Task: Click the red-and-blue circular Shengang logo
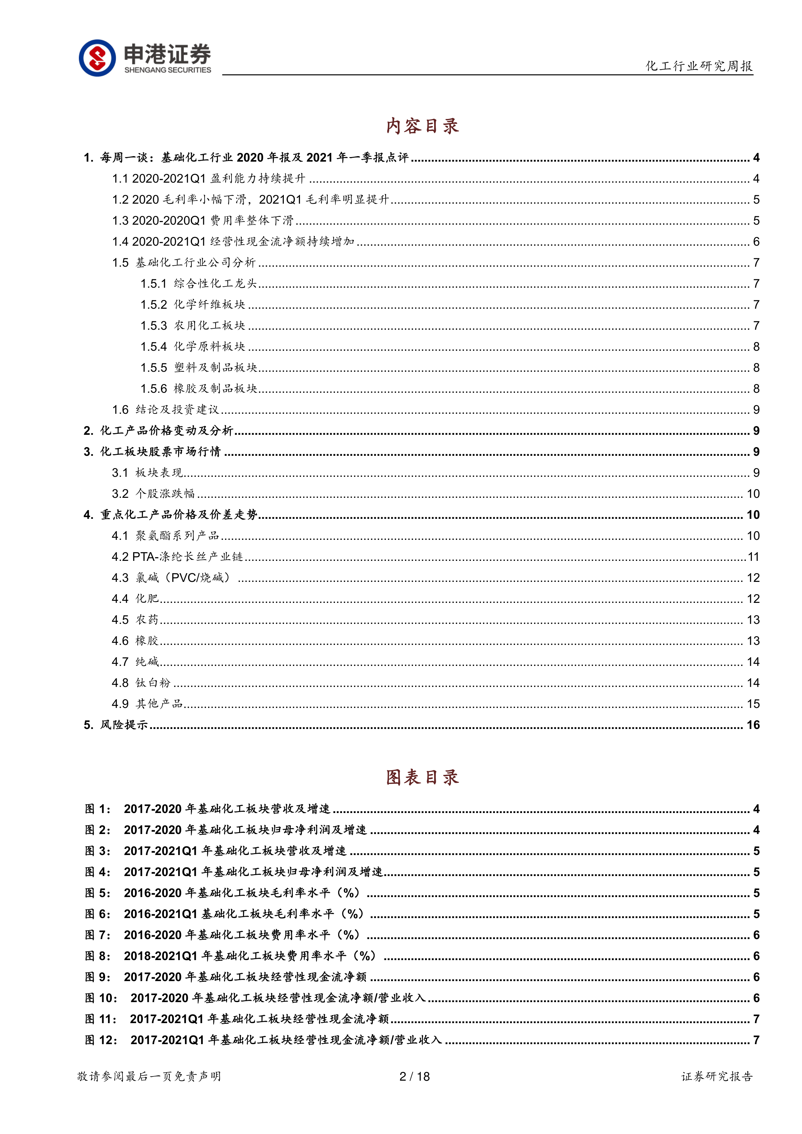tap(97, 58)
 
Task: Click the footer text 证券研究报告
tap(717, 1076)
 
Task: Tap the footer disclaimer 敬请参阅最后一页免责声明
tap(149, 1076)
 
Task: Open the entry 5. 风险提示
tap(116, 724)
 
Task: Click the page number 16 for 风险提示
tap(753, 724)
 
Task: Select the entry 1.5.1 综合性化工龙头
tap(198, 283)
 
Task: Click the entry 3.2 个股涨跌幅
tap(153, 493)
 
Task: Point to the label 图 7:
tap(97, 935)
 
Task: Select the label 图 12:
tap(101, 1040)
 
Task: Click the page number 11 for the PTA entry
tap(753, 557)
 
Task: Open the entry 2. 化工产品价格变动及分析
tap(158, 431)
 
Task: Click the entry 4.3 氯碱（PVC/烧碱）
tap(171, 577)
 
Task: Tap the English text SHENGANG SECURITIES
tap(167, 70)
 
